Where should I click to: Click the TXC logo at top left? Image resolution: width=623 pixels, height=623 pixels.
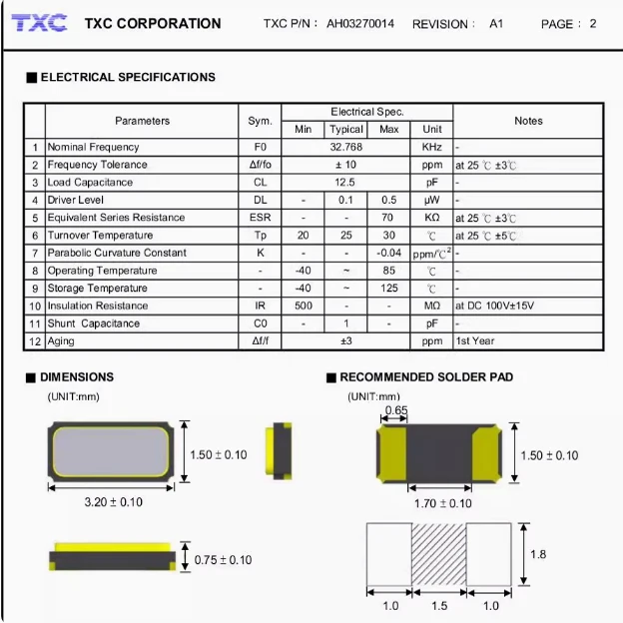[40, 22]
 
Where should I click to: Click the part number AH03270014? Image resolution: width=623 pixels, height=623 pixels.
[360, 23]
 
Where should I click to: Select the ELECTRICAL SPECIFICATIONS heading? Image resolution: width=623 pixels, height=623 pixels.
[127, 77]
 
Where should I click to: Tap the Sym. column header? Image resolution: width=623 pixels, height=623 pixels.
[260, 121]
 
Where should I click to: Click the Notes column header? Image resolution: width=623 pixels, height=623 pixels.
[528, 121]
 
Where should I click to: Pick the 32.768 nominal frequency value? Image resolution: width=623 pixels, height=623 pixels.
[345, 147]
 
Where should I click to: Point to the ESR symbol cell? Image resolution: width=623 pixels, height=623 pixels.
[260, 218]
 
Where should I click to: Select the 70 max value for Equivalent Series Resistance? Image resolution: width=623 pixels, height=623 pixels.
[388, 218]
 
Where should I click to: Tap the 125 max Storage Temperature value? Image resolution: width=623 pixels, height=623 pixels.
[388, 289]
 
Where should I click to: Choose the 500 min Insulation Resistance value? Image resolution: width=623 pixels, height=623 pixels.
[303, 306]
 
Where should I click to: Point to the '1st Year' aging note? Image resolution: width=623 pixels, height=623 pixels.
[476, 341]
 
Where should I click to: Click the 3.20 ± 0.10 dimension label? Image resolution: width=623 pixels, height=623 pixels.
[113, 502]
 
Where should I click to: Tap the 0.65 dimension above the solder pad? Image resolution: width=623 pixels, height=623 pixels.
[395, 410]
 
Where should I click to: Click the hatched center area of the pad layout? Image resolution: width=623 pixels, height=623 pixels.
[439, 554]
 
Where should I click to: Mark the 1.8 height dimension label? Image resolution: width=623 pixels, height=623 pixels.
[537, 554]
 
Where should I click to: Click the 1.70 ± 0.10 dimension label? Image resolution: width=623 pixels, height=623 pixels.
[442, 503]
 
